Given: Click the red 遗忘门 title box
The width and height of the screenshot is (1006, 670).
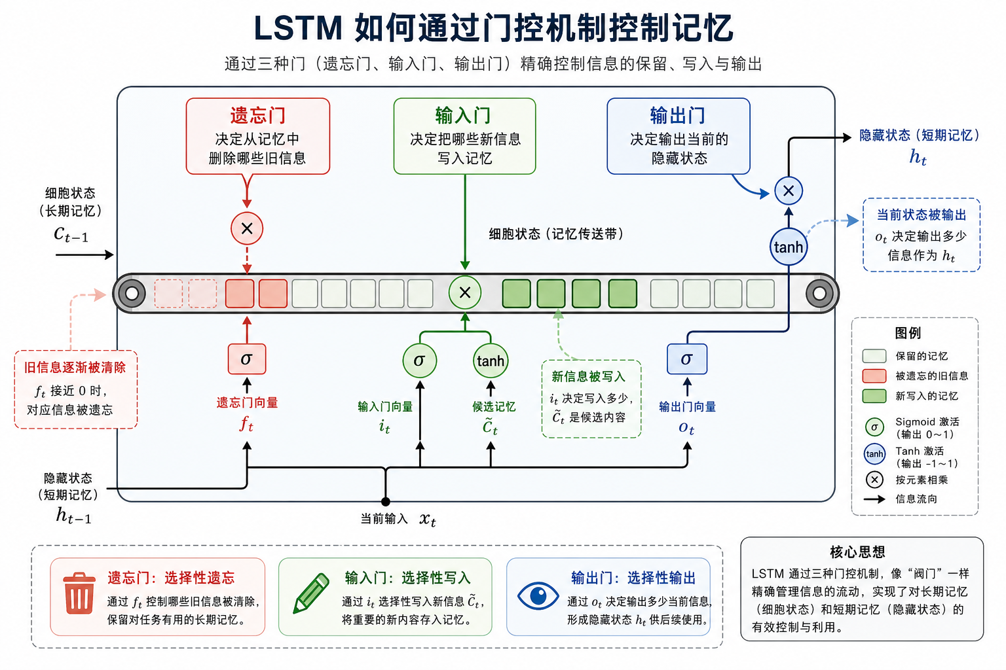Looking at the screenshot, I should (257, 136).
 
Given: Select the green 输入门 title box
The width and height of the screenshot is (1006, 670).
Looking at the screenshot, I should (464, 136).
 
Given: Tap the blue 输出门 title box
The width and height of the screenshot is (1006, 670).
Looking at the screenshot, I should (679, 136).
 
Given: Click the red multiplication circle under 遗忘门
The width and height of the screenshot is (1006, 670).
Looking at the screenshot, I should (247, 228).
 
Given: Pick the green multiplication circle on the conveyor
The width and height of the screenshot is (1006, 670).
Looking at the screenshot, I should (465, 292).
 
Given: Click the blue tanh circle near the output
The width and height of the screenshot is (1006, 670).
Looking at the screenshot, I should (788, 247).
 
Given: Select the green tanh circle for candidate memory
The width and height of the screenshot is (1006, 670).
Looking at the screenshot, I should (491, 361).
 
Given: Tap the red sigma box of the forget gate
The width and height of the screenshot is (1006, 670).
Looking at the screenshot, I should (247, 359).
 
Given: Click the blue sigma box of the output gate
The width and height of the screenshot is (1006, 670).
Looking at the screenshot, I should (686, 359).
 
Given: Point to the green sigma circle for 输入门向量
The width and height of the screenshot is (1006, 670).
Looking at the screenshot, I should (420, 361).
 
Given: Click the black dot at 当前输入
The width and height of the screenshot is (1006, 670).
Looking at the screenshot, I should (386, 502).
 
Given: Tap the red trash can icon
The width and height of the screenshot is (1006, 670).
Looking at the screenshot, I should (79, 593).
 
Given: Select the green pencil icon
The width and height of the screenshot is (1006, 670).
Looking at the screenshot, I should (311, 593).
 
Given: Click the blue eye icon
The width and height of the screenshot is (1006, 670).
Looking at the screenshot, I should (538, 595).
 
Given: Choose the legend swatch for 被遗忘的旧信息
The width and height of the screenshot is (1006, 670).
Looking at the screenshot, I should (874, 376).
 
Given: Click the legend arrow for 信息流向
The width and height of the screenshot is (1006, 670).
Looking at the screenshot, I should (874, 499).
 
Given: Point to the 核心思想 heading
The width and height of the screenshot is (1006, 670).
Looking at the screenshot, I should (857, 552).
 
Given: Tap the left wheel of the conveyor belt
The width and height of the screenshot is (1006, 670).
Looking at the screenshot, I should (132, 294).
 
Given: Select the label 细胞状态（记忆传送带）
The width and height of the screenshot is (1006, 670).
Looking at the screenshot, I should (556, 234).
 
